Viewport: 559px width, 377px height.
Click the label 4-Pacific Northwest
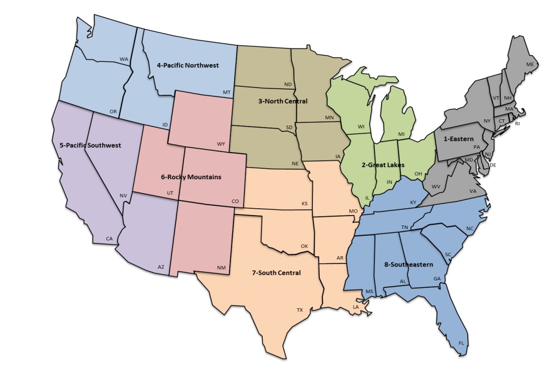click(188, 65)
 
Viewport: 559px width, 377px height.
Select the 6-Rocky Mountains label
click(191, 177)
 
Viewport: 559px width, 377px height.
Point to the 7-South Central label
click(277, 273)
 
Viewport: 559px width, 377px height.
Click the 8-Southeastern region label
click(409, 265)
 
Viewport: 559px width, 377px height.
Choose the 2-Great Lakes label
click(383, 165)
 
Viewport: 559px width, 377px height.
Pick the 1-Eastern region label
click(458, 139)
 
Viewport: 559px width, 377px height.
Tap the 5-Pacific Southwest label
click(90, 145)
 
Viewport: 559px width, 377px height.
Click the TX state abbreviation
click(300, 310)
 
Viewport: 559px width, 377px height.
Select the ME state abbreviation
click(530, 64)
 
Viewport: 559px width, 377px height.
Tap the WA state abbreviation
click(124, 59)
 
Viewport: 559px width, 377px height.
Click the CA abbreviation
click(110, 239)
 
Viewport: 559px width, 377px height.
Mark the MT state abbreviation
click(227, 93)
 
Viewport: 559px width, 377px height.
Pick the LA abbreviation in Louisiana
click(356, 307)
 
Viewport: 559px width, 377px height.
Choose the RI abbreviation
click(517, 124)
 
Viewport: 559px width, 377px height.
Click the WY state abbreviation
click(221, 143)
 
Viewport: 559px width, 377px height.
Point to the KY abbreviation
click(413, 202)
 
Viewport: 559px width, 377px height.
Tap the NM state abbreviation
click(222, 268)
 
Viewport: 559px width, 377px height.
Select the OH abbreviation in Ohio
click(418, 173)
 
